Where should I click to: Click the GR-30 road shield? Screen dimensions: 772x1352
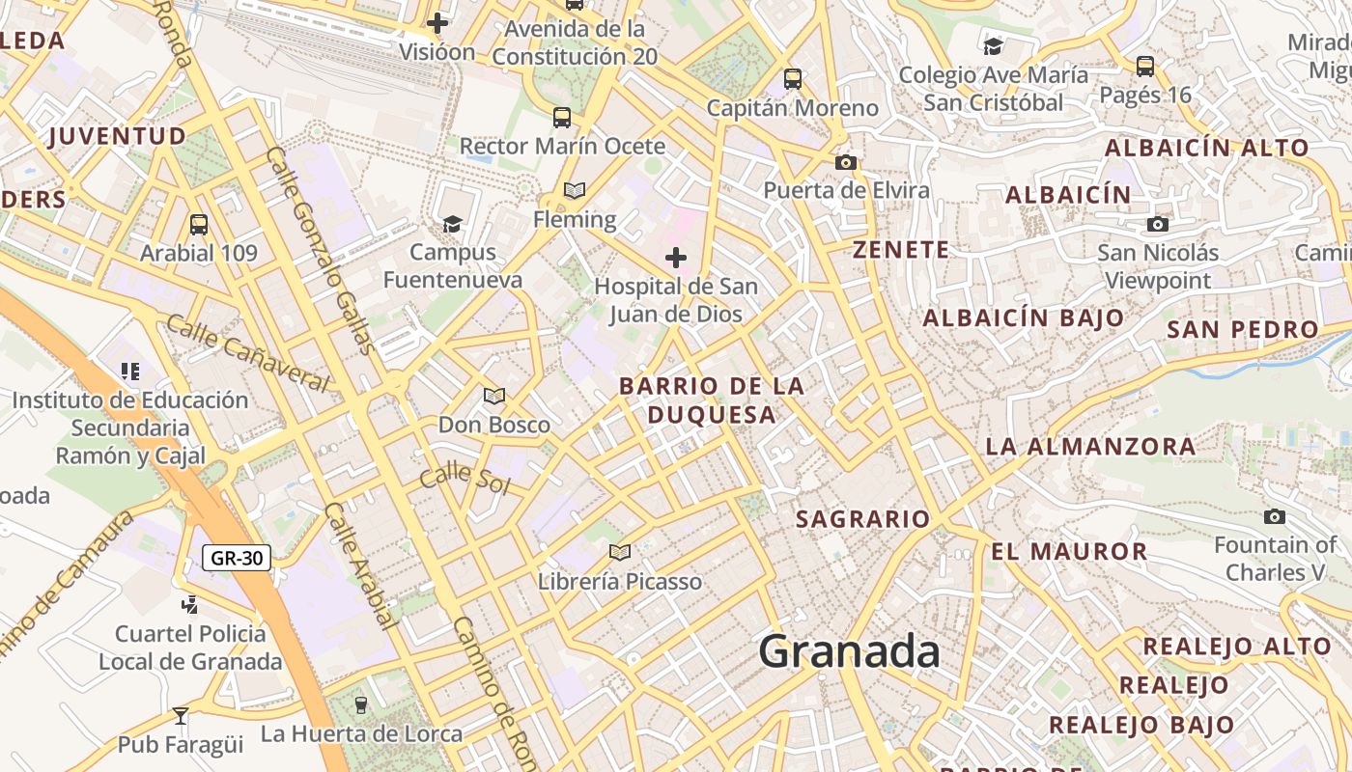pyautogui.click(x=237, y=557)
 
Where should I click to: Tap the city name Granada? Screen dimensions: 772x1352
pyautogui.click(x=849, y=651)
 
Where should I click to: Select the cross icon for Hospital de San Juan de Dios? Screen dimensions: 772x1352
pyautogui.click(x=676, y=258)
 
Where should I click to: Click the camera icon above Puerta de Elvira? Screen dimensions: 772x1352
pyautogui.click(x=846, y=162)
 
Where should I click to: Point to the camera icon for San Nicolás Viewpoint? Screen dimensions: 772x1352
pyautogui.click(x=1157, y=225)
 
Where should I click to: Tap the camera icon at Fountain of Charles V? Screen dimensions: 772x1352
pyautogui.click(x=1275, y=517)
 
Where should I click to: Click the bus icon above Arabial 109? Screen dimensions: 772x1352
pyautogui.click(x=199, y=225)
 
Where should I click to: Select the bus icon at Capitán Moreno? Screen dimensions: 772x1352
pyautogui.click(x=793, y=79)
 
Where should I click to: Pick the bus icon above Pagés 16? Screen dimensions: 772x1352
pyautogui.click(x=1145, y=67)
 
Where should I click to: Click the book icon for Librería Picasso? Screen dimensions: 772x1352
pyautogui.click(x=620, y=553)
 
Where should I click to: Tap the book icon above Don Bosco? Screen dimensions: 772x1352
pyautogui.click(x=494, y=396)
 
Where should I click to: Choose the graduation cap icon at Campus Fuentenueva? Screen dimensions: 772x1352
pyautogui.click(x=452, y=225)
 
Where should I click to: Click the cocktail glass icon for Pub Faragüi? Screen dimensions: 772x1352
pyautogui.click(x=180, y=716)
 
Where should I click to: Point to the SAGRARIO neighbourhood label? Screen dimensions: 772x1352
pyautogui.click(x=862, y=519)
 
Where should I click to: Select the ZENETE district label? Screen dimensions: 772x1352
pyautogui.click(x=901, y=250)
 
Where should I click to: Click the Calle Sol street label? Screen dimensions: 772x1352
pyautogui.click(x=465, y=477)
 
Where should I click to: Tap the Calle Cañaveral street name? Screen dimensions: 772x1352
pyautogui.click(x=248, y=352)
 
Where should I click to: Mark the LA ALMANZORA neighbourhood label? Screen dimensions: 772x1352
pyautogui.click(x=1090, y=447)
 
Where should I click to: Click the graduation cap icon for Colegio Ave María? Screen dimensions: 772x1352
pyautogui.click(x=993, y=46)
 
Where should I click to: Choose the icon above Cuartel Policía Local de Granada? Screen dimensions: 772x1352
pyautogui.click(x=190, y=605)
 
